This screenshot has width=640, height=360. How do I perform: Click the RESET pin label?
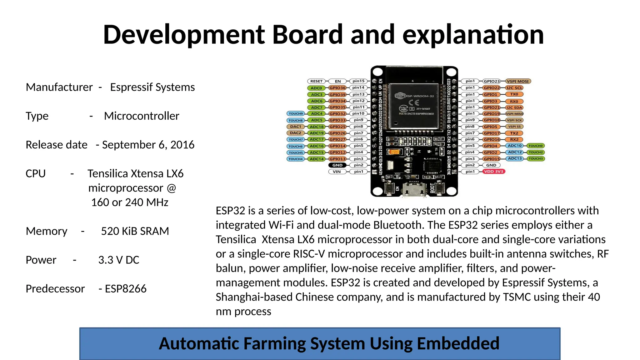(x=316, y=81)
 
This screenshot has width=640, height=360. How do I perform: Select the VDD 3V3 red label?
(x=493, y=172)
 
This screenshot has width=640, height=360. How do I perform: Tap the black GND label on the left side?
(x=337, y=165)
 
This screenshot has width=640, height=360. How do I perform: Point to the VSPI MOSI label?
(x=518, y=81)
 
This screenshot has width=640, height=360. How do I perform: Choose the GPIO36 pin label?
(x=337, y=88)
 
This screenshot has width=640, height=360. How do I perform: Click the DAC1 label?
(x=296, y=127)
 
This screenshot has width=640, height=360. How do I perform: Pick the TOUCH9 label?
(x=296, y=114)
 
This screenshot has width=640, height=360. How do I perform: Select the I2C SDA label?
(x=514, y=107)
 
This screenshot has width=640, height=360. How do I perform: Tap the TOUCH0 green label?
(x=535, y=146)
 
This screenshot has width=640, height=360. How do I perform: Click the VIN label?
(x=337, y=172)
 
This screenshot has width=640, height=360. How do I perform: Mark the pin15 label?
(x=358, y=81)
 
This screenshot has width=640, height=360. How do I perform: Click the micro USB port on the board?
(x=414, y=189)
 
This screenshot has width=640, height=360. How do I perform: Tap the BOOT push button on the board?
(x=440, y=188)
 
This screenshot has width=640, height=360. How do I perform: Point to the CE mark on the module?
(x=414, y=102)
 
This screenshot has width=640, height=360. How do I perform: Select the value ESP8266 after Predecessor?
(x=126, y=289)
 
